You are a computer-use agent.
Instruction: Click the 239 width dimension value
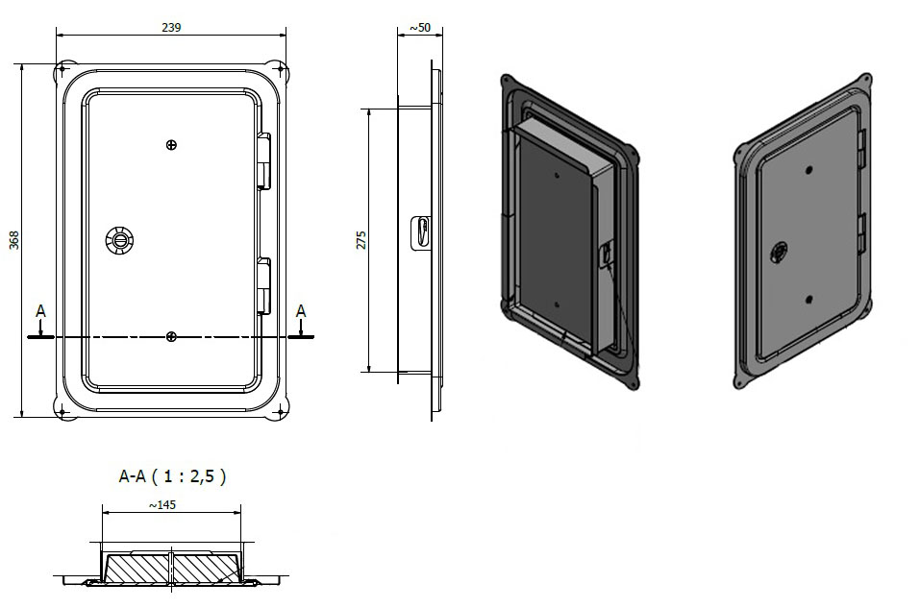170,28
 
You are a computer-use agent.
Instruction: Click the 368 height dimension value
14,240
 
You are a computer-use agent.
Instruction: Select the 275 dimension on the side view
361,239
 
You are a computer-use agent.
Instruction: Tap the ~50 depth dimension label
420,28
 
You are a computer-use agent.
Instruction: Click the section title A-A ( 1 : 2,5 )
172,475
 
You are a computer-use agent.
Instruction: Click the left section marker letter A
40,311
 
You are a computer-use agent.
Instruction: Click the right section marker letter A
301,311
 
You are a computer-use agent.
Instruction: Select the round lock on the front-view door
120,238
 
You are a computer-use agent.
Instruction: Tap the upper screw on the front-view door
171,145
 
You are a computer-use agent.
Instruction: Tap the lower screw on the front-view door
171,336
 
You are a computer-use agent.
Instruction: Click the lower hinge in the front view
264,285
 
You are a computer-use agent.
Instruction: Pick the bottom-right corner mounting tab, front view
280,414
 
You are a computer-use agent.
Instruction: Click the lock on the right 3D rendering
778,253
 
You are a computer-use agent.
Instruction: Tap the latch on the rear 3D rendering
606,255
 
